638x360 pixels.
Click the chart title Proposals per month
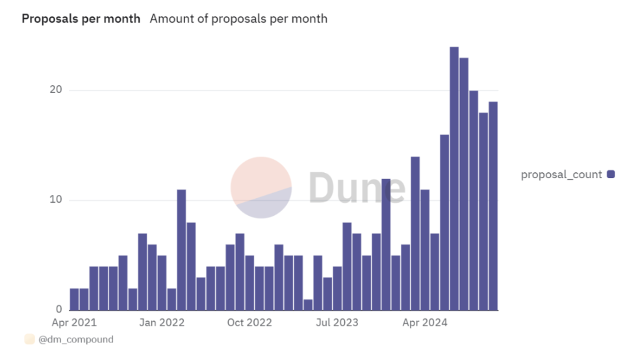(x=81, y=19)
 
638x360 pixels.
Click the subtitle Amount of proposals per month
(x=238, y=19)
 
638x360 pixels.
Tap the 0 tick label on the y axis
(x=58, y=309)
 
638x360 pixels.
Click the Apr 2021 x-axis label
(x=74, y=322)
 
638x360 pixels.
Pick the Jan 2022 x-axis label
(x=162, y=322)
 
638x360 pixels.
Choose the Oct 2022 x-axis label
(x=249, y=322)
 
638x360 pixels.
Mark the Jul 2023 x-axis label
(x=337, y=322)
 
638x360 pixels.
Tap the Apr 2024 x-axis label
(x=425, y=322)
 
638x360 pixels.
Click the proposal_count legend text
(x=561, y=174)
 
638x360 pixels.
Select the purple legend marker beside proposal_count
(x=611, y=174)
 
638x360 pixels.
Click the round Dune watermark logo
(x=261, y=187)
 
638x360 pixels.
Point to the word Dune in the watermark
(x=356, y=187)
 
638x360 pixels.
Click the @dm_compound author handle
(x=75, y=339)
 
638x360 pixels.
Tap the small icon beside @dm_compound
(x=29, y=339)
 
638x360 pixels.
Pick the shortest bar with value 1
(x=308, y=304)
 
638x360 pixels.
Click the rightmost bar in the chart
(x=493, y=205)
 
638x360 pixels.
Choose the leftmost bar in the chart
(x=74, y=299)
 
